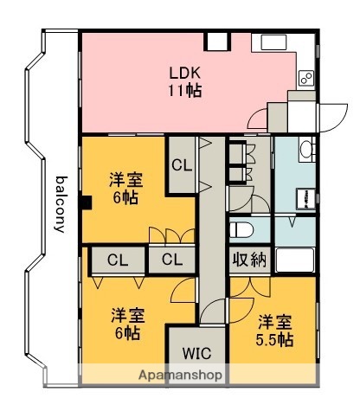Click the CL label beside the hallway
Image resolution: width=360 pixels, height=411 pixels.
(182, 164)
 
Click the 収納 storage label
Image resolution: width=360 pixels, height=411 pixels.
(248, 260)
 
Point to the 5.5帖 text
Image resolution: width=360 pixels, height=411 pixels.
(274, 339)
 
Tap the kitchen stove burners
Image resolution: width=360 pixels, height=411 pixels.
(305, 79)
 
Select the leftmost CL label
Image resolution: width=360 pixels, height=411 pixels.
(119, 260)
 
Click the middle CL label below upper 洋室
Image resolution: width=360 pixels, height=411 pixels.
(171, 260)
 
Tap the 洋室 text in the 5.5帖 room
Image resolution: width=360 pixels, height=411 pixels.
(274, 320)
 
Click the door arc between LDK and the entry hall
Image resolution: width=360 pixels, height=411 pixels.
(256, 120)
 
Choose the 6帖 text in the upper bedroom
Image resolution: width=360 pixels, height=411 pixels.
(125, 198)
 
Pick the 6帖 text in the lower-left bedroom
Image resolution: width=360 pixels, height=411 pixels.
(125, 331)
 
